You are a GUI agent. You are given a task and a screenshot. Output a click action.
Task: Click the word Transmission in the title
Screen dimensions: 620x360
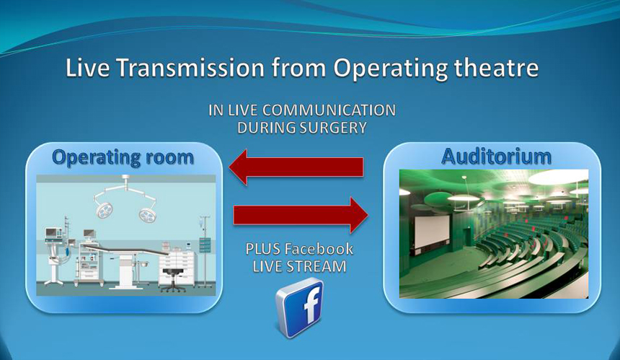[190, 68]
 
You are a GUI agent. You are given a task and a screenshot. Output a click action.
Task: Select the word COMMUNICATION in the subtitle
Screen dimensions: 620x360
[329, 110]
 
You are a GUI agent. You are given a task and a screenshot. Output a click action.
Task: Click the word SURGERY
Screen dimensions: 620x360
[333, 128]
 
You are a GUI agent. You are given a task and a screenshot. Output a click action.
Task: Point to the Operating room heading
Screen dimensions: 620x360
[123, 158]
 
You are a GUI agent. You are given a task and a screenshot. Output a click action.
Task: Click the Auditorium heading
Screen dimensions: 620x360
[496, 157]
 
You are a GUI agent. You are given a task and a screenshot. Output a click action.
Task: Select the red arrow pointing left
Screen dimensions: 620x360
[296, 167]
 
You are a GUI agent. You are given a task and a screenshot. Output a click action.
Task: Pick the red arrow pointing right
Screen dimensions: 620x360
[301, 215]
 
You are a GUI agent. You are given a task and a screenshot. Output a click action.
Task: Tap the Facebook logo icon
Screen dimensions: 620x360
[300, 307]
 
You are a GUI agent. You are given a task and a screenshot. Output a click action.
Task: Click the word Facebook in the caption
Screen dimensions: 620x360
[319, 249]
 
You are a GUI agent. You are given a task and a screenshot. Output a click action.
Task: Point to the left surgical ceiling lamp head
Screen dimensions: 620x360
[104, 210]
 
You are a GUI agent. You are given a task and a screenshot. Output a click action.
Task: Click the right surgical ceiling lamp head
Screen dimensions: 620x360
[149, 214]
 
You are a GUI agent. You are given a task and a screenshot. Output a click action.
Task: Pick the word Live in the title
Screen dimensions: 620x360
[87, 68]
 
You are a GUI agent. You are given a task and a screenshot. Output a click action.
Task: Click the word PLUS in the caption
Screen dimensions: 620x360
[263, 249]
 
